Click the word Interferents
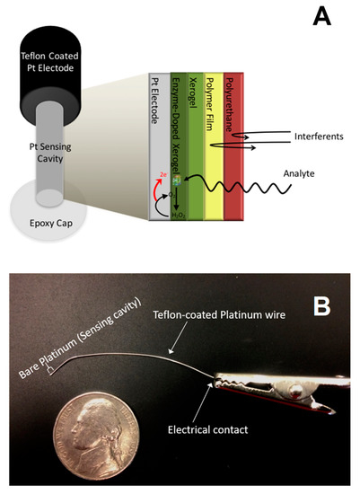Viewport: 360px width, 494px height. coord(297,137)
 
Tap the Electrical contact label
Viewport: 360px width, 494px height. coord(219,430)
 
